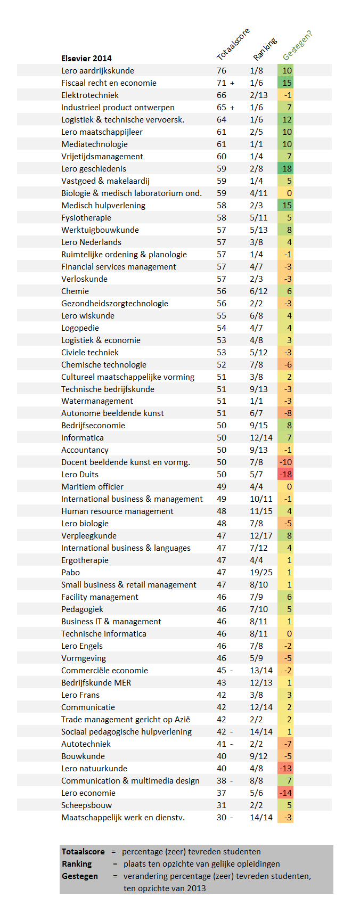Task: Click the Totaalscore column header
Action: pos(233,44)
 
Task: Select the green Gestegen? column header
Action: pos(298,45)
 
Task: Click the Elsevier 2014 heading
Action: pos(86,58)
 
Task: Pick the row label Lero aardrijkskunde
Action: pos(97,70)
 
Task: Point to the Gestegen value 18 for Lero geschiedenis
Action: pos(287,169)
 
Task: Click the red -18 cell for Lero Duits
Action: pos(285,475)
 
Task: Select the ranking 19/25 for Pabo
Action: pos(261,572)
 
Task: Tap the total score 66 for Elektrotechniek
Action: pos(222,95)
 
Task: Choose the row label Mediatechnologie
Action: pos(94,144)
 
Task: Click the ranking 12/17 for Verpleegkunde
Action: pos(261,535)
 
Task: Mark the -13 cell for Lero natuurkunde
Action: pos(285,768)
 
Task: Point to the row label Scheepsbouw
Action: pos(86,805)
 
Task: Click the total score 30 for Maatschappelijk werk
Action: pos(222,817)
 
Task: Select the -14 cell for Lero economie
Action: pos(285,793)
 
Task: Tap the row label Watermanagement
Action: pos(97,401)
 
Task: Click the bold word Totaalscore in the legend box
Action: pos(83,851)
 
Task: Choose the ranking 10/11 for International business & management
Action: pos(261,499)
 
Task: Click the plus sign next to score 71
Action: pos(232,83)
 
